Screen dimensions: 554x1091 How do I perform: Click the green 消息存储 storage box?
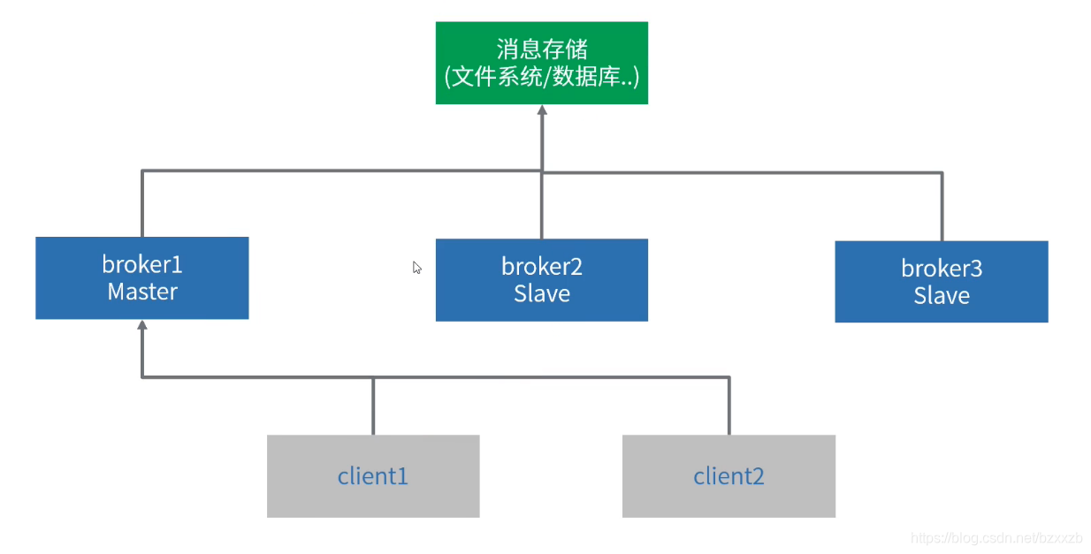coord(541,63)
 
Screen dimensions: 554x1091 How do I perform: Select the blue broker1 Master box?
coord(141,277)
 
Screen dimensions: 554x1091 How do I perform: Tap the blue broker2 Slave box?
coord(541,279)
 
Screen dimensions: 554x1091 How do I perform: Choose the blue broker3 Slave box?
coord(941,281)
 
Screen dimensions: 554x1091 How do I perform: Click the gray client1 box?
coord(372,476)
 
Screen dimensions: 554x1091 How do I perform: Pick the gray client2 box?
coord(729,476)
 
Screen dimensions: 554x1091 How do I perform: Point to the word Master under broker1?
coord(141,292)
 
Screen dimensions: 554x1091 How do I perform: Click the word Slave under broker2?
coord(541,293)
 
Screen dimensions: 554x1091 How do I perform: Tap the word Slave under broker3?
coord(941,295)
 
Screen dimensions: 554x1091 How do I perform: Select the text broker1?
coord(141,264)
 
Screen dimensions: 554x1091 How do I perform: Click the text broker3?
coord(941,268)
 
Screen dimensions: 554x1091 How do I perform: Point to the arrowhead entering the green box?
coord(542,111)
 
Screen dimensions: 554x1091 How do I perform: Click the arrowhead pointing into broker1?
coord(142,326)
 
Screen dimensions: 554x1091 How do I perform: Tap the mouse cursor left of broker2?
coord(416,267)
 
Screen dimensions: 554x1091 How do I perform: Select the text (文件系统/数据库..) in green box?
coord(541,77)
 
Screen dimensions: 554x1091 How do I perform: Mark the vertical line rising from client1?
coord(373,406)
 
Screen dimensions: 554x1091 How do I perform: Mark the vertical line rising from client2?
coord(729,406)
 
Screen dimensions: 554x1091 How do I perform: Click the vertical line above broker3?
coord(942,206)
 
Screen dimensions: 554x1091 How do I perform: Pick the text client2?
coord(729,477)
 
